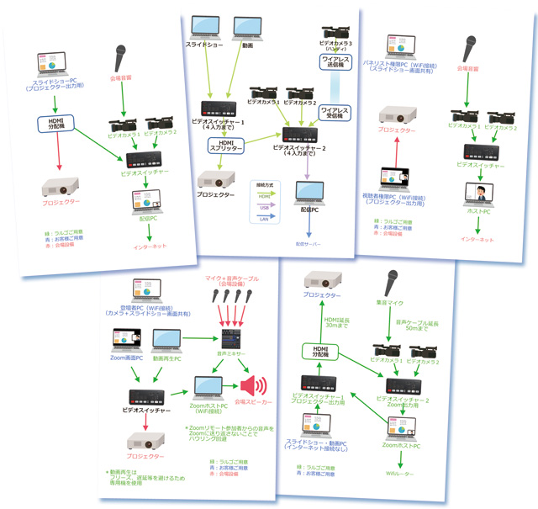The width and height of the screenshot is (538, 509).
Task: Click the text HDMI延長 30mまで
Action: click(x=337, y=323)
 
